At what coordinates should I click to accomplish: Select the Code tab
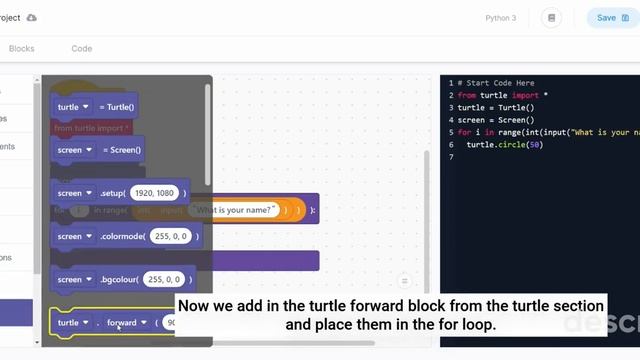(x=81, y=48)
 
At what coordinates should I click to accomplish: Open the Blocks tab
(x=21, y=48)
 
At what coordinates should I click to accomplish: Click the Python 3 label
(x=500, y=18)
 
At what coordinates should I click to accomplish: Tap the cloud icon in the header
(x=31, y=18)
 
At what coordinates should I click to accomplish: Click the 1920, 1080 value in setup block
(x=153, y=193)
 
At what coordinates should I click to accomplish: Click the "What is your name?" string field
(x=236, y=210)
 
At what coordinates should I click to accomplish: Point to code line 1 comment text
(x=496, y=83)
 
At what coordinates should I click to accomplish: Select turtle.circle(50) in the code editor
(x=504, y=145)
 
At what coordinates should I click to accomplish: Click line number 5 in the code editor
(x=451, y=133)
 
